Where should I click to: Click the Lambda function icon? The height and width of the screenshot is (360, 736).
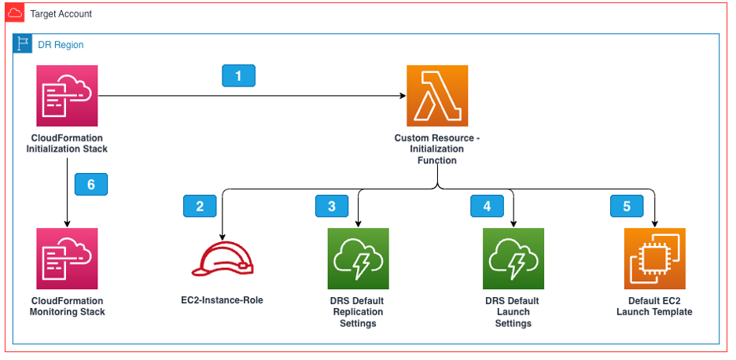pyautogui.click(x=436, y=96)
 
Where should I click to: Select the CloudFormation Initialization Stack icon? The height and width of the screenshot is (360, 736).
pyautogui.click(x=67, y=96)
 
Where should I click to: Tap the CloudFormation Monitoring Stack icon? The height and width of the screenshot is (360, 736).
pyautogui.click(x=67, y=259)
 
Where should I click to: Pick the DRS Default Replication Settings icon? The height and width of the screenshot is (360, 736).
pyautogui.click(x=358, y=259)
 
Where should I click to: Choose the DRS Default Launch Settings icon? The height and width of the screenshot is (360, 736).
pyautogui.click(x=513, y=259)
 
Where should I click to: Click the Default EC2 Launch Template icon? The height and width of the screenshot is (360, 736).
pyautogui.click(x=654, y=259)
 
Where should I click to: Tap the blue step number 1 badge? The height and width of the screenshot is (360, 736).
pyautogui.click(x=239, y=75)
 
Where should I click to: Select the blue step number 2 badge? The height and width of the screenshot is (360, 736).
pyautogui.click(x=200, y=206)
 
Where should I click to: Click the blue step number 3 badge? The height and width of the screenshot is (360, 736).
pyautogui.click(x=332, y=206)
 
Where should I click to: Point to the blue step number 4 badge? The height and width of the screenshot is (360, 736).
pyautogui.click(x=487, y=206)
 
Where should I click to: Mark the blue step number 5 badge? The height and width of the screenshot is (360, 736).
pyautogui.click(x=627, y=206)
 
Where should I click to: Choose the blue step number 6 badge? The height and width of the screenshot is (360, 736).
pyautogui.click(x=91, y=184)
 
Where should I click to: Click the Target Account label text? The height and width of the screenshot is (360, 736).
pyautogui.click(x=61, y=14)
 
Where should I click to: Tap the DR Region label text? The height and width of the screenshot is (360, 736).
pyautogui.click(x=61, y=45)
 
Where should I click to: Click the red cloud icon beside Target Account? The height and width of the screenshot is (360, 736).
pyautogui.click(x=14, y=13)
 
